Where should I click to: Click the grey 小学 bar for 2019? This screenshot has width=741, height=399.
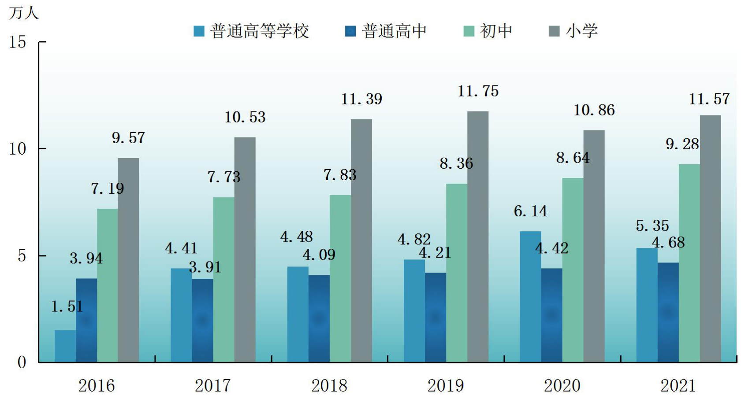[478, 236]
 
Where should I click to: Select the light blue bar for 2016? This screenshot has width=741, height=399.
[65, 346]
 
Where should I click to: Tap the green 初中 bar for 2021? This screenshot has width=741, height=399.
[689, 263]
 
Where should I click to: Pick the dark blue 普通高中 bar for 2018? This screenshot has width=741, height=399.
[319, 319]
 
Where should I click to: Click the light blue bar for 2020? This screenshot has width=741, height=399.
[531, 297]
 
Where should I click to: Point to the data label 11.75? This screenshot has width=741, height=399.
[478, 91]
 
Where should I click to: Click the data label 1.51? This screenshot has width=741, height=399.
[67, 307]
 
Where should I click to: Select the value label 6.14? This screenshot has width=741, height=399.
[531, 211]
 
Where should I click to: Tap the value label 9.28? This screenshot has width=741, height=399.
[682, 144]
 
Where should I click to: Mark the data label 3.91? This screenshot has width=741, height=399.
[205, 267]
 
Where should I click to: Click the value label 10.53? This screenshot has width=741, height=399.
[245, 117]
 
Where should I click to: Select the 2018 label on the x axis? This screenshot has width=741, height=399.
[329, 386]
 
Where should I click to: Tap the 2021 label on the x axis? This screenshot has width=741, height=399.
[678, 386]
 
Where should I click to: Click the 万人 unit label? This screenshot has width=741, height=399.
[23, 13]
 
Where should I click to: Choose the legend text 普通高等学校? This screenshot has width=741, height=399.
[259, 31]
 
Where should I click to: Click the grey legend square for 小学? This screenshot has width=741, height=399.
[555, 31]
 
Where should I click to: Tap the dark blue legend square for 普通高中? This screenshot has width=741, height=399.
[350, 31]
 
